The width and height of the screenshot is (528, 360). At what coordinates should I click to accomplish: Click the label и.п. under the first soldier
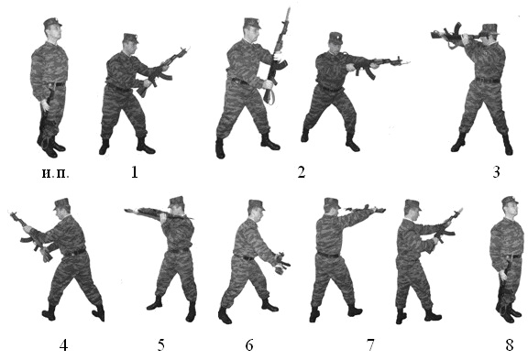tap(56, 173)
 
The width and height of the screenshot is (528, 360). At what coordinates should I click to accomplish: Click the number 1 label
tap(135, 172)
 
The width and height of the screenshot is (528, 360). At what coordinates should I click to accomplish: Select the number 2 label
tap(302, 172)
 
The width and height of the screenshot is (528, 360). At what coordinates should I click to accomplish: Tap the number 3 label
tap(496, 172)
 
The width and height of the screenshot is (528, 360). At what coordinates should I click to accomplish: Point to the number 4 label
tap(63, 345)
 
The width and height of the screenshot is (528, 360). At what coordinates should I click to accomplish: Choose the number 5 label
tap(161, 345)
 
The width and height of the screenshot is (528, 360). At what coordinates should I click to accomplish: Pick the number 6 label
tap(249, 345)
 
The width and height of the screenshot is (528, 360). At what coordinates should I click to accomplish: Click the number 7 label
tap(370, 345)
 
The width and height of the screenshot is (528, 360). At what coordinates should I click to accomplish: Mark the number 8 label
tap(510, 345)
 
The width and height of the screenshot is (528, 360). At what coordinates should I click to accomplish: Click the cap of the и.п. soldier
tap(52, 23)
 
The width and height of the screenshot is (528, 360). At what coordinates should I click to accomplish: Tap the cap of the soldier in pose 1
tap(131, 38)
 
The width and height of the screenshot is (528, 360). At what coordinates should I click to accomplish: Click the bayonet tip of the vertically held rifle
tap(289, 9)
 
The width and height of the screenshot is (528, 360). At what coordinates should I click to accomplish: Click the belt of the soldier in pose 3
tap(488, 81)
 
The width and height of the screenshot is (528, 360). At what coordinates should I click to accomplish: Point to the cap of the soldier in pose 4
tap(61, 203)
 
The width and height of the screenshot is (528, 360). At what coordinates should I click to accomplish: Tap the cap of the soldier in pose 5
tap(176, 202)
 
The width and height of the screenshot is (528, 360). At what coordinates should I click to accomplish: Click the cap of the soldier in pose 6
tap(257, 204)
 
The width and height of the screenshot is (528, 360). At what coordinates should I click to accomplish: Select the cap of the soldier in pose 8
tap(510, 201)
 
